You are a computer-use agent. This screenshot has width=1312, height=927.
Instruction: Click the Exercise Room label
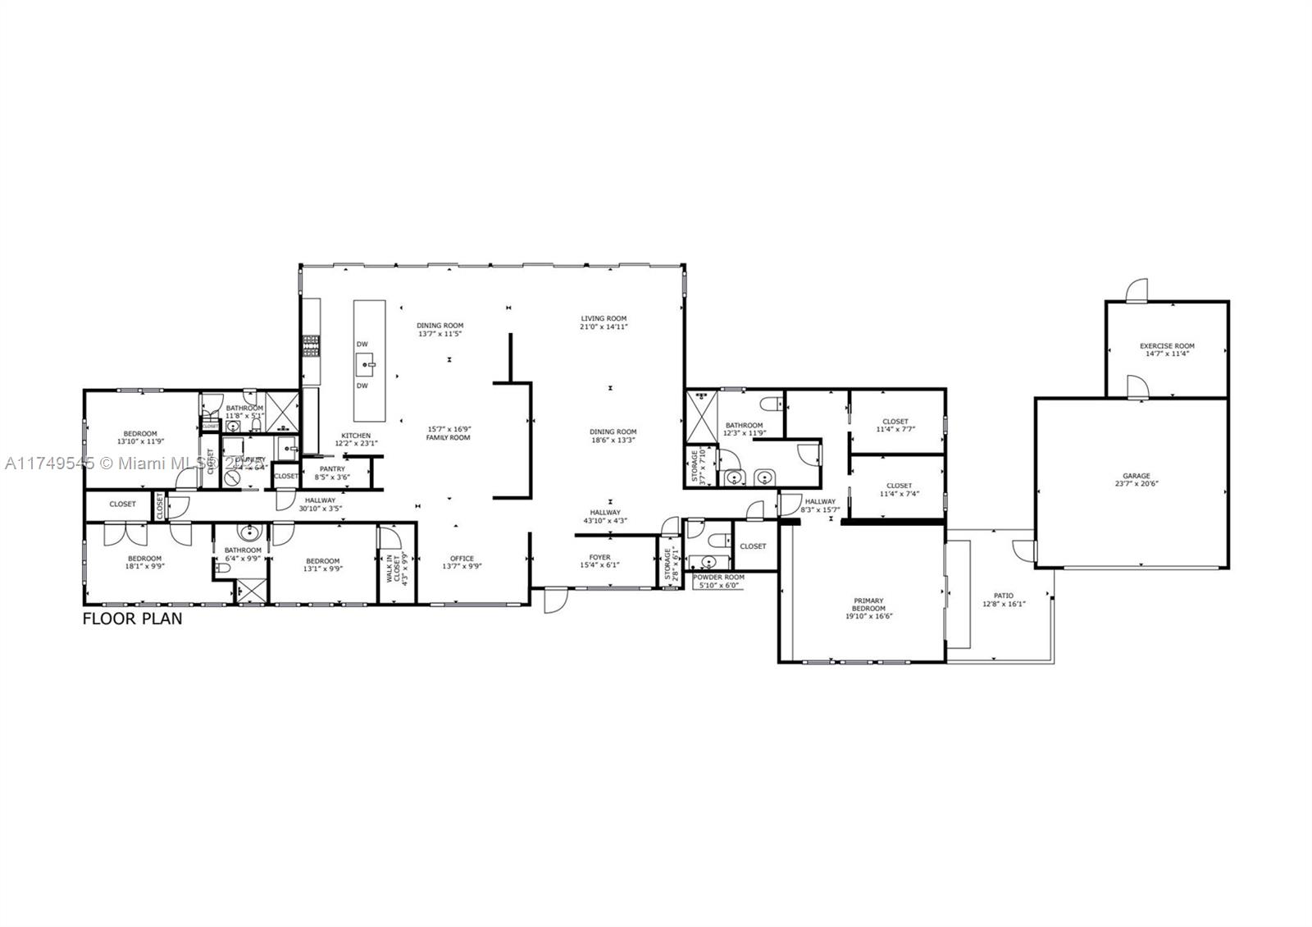click(x=1167, y=346)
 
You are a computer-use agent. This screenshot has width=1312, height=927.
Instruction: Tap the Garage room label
click(x=1137, y=476)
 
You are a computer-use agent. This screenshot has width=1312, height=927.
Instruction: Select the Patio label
click(x=1004, y=596)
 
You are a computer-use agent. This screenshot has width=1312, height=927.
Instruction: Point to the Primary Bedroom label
click(x=868, y=605)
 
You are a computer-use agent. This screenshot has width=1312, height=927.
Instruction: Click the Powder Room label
click(x=718, y=578)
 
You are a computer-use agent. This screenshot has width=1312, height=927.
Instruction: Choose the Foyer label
click(x=599, y=557)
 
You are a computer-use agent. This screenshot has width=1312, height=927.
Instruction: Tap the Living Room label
click(x=604, y=318)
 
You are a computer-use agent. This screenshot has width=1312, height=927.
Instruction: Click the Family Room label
click(x=448, y=438)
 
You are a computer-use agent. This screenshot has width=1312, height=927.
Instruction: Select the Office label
click(x=462, y=559)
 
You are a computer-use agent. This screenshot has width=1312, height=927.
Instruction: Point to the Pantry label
click(x=332, y=469)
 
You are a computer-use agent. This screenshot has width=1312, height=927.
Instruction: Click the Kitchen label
click(x=356, y=436)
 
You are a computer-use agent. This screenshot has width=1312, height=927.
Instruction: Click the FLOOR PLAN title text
click(x=133, y=619)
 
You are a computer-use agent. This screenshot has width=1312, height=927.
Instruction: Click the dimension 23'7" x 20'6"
click(x=1137, y=484)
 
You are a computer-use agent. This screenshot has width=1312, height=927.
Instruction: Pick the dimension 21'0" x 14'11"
click(x=604, y=327)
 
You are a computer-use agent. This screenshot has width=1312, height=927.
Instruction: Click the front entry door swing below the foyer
click(x=554, y=600)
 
